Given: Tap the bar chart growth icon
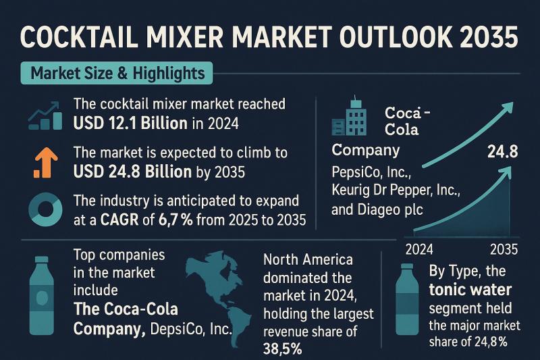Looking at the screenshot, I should [42, 115].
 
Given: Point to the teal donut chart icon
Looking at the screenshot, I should [43, 210].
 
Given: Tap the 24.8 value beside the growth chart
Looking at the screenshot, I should [502, 152].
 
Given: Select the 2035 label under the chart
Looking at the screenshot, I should [504, 248].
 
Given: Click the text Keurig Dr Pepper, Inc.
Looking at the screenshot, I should [396, 190].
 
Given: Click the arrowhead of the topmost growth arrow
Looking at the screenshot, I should [507, 107].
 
